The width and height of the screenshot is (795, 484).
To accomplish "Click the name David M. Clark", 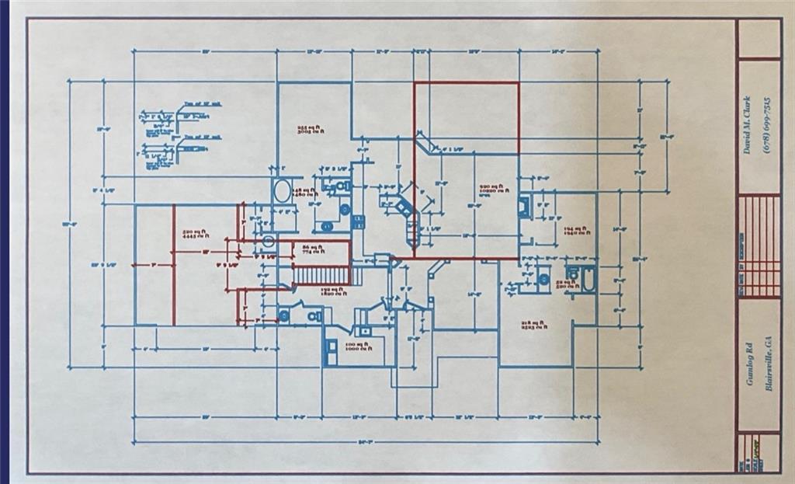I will tap(747, 125).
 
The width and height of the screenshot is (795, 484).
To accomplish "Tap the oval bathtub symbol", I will tap(282, 190).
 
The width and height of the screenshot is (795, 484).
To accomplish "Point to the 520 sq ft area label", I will tap(193, 234).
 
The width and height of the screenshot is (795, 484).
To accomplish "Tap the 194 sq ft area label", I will tap(575, 231).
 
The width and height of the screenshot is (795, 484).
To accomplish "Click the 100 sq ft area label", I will tap(356, 346).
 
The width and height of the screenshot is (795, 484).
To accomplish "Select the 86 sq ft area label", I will tap(311, 248).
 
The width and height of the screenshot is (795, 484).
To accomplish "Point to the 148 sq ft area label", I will tap(303, 191).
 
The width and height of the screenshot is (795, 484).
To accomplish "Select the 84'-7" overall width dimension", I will tap(365, 443).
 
